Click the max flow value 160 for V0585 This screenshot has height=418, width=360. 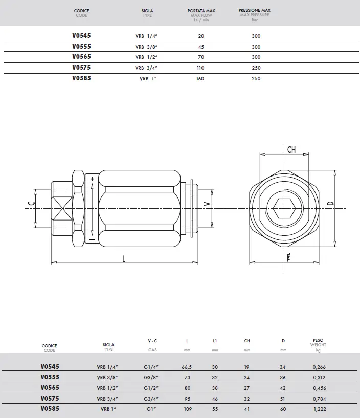[x=200, y=79]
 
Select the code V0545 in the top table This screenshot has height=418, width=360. [x=81, y=35]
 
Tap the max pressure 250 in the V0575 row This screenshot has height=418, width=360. [x=256, y=68]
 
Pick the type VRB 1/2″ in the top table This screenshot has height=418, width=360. [x=146, y=57]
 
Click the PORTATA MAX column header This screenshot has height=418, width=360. [x=201, y=11]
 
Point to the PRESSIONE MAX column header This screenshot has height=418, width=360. [x=255, y=10]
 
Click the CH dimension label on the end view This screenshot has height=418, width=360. [x=291, y=149]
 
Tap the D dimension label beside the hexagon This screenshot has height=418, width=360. [x=330, y=204]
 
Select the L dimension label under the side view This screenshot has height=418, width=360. [x=124, y=258]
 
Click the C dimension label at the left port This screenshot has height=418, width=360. [x=31, y=204]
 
